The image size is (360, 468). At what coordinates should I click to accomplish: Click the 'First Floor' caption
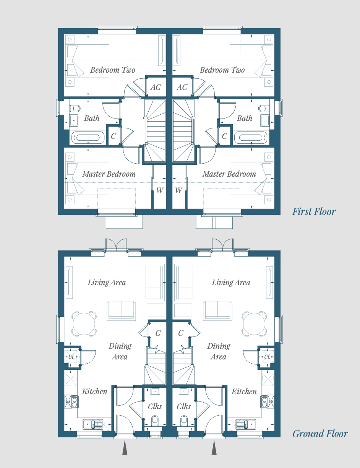[314, 211]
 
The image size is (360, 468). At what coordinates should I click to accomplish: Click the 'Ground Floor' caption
[320, 434]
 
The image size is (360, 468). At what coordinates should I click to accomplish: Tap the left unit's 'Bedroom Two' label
[112, 70]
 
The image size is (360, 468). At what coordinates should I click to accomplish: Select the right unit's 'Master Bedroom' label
[229, 174]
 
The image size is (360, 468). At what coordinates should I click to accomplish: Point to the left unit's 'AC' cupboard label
[156, 87]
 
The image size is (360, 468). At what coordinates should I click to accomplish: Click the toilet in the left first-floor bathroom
[75, 108]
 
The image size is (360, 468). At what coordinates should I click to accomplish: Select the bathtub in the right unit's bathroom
[251, 137]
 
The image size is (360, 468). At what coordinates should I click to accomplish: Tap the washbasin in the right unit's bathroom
[264, 120]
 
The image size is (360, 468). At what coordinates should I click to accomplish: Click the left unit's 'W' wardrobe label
[160, 190]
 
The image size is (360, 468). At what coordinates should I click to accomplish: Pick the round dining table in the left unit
[84, 324]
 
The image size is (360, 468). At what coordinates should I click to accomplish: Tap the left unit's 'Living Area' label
[107, 283]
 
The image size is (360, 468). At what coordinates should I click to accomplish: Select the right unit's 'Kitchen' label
[244, 391]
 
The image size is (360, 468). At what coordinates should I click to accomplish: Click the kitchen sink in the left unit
[93, 424]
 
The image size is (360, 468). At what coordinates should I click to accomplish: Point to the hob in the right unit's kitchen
[264, 401]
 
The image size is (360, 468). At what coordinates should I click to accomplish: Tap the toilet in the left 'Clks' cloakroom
[154, 420]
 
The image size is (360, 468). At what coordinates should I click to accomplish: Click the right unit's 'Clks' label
[184, 406]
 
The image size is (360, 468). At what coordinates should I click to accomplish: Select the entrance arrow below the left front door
[125, 447]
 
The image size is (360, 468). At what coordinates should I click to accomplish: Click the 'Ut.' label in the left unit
[71, 357]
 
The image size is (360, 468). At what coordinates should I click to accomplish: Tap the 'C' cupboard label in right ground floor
[181, 333]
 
